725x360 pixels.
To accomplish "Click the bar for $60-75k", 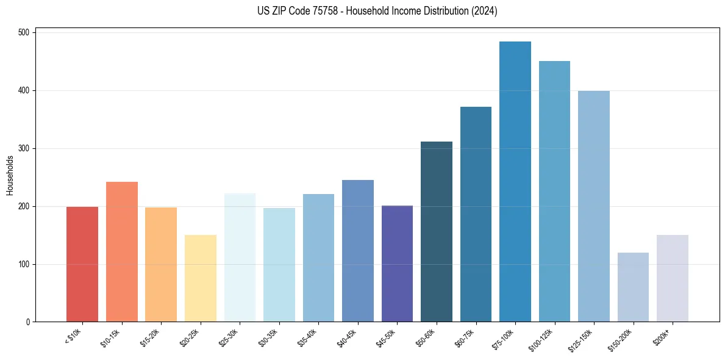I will pyautogui.click(x=476, y=214).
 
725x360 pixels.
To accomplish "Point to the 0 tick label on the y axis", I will pyautogui.click(x=29, y=322).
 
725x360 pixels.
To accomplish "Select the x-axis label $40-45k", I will pyautogui.click(x=346, y=337).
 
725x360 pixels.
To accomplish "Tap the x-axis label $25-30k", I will pyautogui.click(x=228, y=337).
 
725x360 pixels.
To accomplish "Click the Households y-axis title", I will pyautogui.click(x=10, y=175).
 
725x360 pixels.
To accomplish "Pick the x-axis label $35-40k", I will pyautogui.click(x=307, y=337).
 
